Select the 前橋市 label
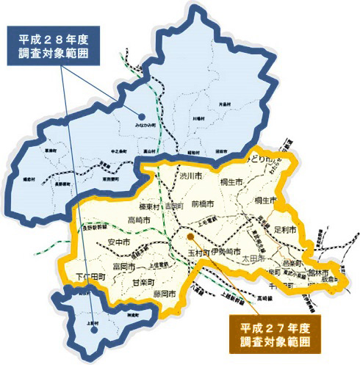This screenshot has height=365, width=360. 201,203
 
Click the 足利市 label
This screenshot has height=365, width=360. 284,230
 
